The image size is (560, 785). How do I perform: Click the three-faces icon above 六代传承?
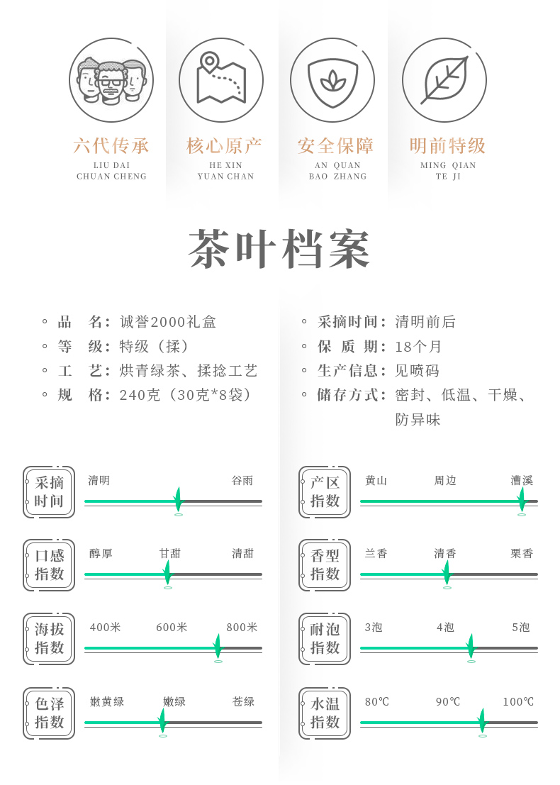(111, 80)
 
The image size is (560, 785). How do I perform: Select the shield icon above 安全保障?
(332, 80)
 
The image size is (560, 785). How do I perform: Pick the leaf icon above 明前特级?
(444, 80)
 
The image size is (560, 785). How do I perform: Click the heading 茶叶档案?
(280, 250)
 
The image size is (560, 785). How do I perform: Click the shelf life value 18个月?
(419, 347)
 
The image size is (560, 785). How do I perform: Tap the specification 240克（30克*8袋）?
(186, 395)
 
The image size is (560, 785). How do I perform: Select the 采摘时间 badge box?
(49, 492)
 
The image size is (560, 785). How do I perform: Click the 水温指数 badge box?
(325, 713)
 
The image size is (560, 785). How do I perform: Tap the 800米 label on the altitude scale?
(242, 628)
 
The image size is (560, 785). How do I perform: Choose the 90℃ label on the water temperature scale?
(448, 702)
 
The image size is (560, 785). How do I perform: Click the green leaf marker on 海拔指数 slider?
(218, 646)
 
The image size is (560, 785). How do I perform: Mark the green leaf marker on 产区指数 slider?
(522, 499)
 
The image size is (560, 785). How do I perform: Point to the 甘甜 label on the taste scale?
(170, 554)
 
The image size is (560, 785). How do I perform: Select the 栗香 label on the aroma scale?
(522, 554)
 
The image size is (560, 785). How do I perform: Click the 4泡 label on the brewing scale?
(445, 628)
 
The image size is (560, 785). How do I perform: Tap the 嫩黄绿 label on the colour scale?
(107, 702)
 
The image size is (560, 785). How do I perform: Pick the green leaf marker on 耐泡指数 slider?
(471, 646)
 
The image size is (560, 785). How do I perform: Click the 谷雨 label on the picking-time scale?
(242, 481)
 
